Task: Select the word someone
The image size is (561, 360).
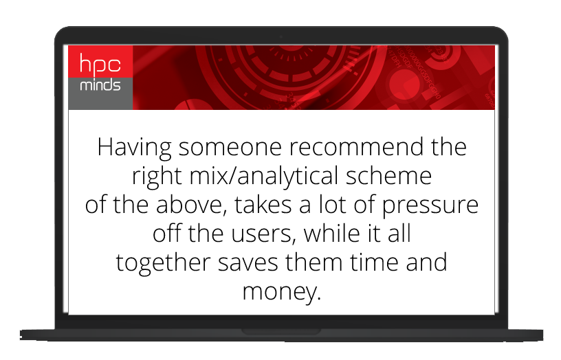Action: pos(230,147)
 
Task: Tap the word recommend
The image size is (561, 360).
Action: pos(356,147)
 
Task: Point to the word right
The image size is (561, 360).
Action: pos(157,177)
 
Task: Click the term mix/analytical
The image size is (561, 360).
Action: pos(264,177)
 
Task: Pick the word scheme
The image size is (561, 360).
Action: pos(388,175)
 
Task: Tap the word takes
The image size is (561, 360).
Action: pos(263,205)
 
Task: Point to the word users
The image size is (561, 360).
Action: pos(263,234)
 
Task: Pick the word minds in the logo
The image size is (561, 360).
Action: pos(100,85)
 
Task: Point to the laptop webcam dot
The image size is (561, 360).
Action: pos(281,37)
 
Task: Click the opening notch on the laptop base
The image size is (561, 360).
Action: pos(281,332)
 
